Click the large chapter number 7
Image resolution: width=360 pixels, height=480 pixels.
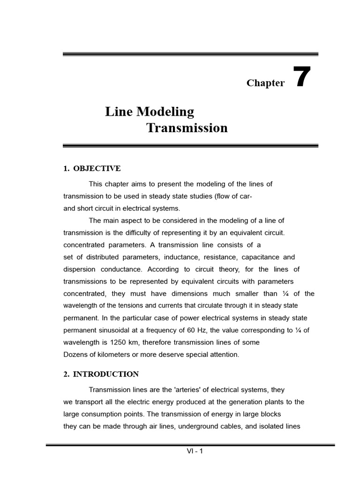pos(302,77)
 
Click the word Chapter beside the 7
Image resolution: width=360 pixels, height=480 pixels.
pos(265,83)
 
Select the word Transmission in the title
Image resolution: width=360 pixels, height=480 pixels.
pos(187,127)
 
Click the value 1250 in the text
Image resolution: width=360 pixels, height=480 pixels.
pos(109,342)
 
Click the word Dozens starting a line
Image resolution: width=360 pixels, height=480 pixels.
pos(75,354)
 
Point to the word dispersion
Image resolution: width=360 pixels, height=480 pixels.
pos(80,269)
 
